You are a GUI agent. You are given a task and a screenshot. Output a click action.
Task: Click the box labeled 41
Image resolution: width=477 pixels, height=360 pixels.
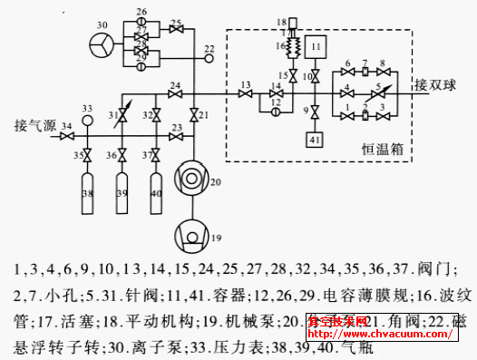pyautogui.click(x=315, y=140)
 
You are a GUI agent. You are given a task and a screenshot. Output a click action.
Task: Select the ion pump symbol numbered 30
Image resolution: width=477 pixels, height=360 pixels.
pyautogui.click(x=102, y=44)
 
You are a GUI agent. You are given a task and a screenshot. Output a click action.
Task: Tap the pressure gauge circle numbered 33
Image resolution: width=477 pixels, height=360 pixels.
pyautogui.click(x=87, y=120)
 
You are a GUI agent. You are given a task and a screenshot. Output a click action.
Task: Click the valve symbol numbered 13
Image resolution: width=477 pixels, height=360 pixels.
pyautogui.click(x=246, y=93)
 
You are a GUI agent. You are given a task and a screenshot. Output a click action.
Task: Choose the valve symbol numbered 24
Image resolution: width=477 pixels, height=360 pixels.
pyautogui.click(x=175, y=93)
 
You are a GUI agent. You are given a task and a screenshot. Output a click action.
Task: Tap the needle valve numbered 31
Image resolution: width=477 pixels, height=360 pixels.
pyautogui.click(x=122, y=115)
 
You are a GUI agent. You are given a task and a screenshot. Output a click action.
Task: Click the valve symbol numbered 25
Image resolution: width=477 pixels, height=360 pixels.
pyautogui.click(x=176, y=30)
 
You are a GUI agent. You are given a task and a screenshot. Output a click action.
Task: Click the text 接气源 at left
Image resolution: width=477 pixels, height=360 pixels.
pyautogui.click(x=34, y=122)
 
